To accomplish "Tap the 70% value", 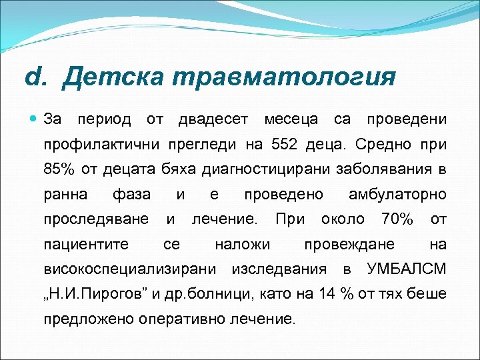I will (x=397, y=219).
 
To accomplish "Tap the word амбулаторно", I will (x=397, y=194).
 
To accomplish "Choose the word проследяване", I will (x=95, y=219).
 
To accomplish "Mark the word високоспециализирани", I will (x=129, y=269).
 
